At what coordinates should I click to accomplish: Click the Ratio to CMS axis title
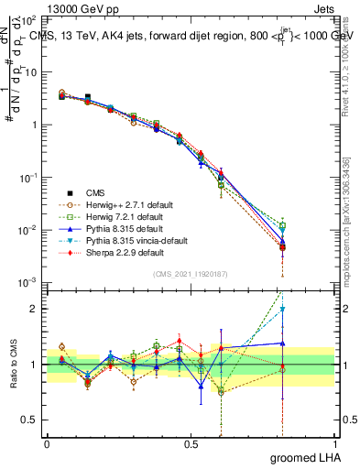pos(13,364)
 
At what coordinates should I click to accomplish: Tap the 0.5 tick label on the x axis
pos(191,442)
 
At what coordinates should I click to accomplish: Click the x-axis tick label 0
pos(47,442)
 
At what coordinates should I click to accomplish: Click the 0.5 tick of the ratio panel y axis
pos(29,420)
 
